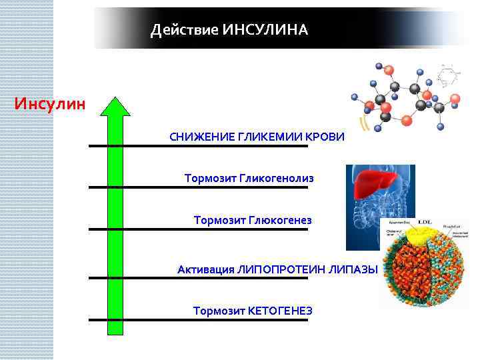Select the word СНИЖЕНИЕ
(x=198, y=137)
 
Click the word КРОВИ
(x=325, y=137)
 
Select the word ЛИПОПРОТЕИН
(x=285, y=269)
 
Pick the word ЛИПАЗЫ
(x=357, y=269)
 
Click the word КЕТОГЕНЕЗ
(x=280, y=311)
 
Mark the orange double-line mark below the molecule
(x=364, y=124)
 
